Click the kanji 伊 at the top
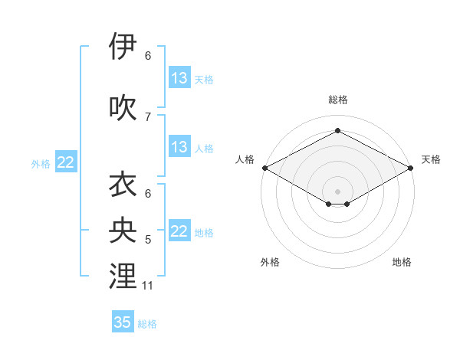(123, 47)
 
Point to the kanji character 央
(123, 231)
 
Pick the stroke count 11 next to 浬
(148, 286)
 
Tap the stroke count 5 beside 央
(148, 240)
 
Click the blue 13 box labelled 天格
(179, 78)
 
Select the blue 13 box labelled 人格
(179, 147)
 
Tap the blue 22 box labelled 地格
(179, 231)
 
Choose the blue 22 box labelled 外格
(66, 162)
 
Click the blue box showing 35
(123, 322)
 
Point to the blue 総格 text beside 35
(148, 324)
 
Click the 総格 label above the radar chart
(337, 100)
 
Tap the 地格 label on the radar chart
(402, 262)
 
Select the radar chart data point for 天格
(412, 167)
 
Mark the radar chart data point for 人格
(264, 167)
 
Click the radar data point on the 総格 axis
(337, 131)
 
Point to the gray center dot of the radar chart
(337, 190)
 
